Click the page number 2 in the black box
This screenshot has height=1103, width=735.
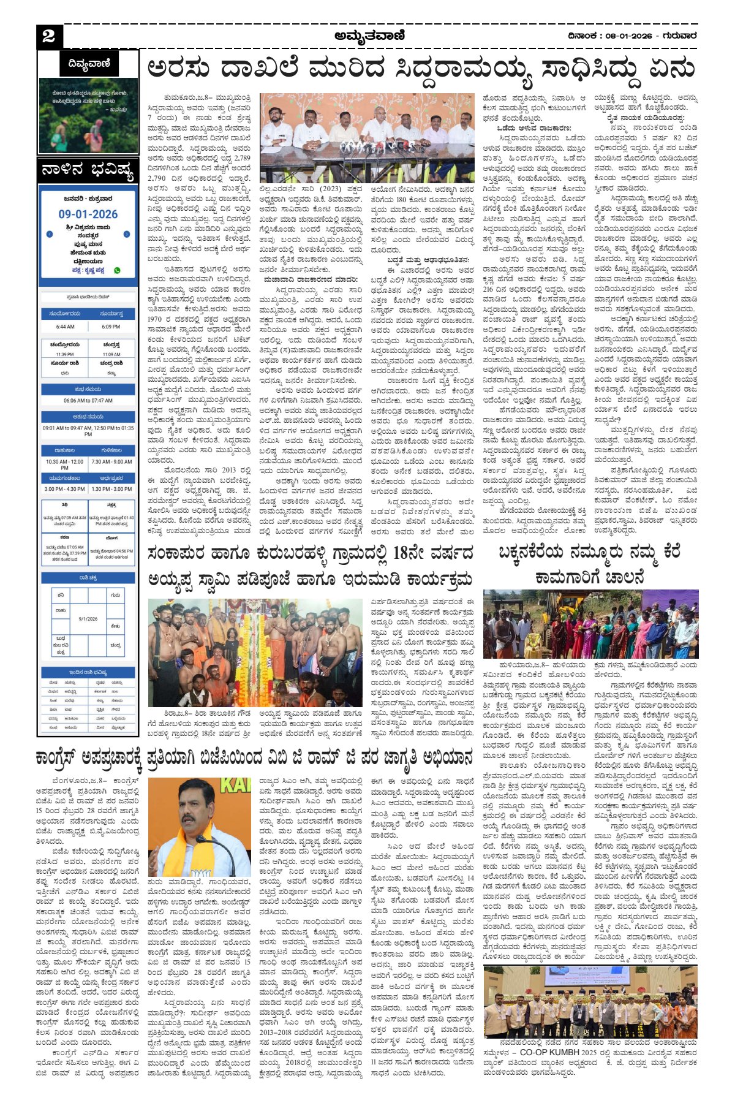pos(49,37)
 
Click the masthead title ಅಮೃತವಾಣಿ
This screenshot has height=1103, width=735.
pos(369,36)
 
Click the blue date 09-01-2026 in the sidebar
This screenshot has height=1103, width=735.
pos(88,214)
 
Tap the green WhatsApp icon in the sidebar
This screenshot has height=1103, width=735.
pos(117,270)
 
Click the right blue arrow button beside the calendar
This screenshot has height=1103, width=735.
pos(126,234)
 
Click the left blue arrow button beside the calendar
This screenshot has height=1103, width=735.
pos(50,234)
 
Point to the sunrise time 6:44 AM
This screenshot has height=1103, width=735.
pos(65,327)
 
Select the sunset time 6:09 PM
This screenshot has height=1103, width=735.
pos(111,327)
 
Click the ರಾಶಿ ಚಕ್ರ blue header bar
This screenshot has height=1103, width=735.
pos(88,577)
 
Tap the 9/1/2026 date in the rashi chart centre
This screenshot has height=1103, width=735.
pos(88,619)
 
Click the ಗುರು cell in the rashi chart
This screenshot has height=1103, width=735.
pos(115,595)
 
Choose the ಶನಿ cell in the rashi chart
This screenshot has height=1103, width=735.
pos(61,595)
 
